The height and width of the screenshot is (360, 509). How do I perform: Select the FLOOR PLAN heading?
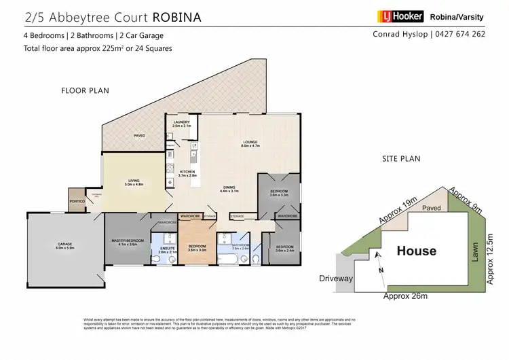coord(85,90)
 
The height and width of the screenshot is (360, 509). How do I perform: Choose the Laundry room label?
coord(181,124)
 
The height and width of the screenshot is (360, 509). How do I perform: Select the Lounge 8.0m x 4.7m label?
coord(252,144)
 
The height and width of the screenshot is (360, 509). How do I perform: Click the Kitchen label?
coord(187,173)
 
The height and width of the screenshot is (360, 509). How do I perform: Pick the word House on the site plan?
coord(417,251)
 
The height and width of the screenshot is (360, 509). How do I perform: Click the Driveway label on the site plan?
coord(336,278)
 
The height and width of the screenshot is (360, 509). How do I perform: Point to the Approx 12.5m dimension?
coord(492,258)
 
